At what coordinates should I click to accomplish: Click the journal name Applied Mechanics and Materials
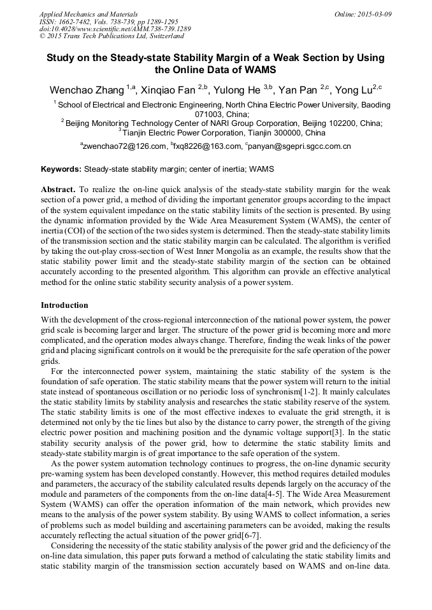(89, 14)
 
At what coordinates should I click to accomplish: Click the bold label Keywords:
(61, 170)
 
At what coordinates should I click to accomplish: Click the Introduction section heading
(64, 305)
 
